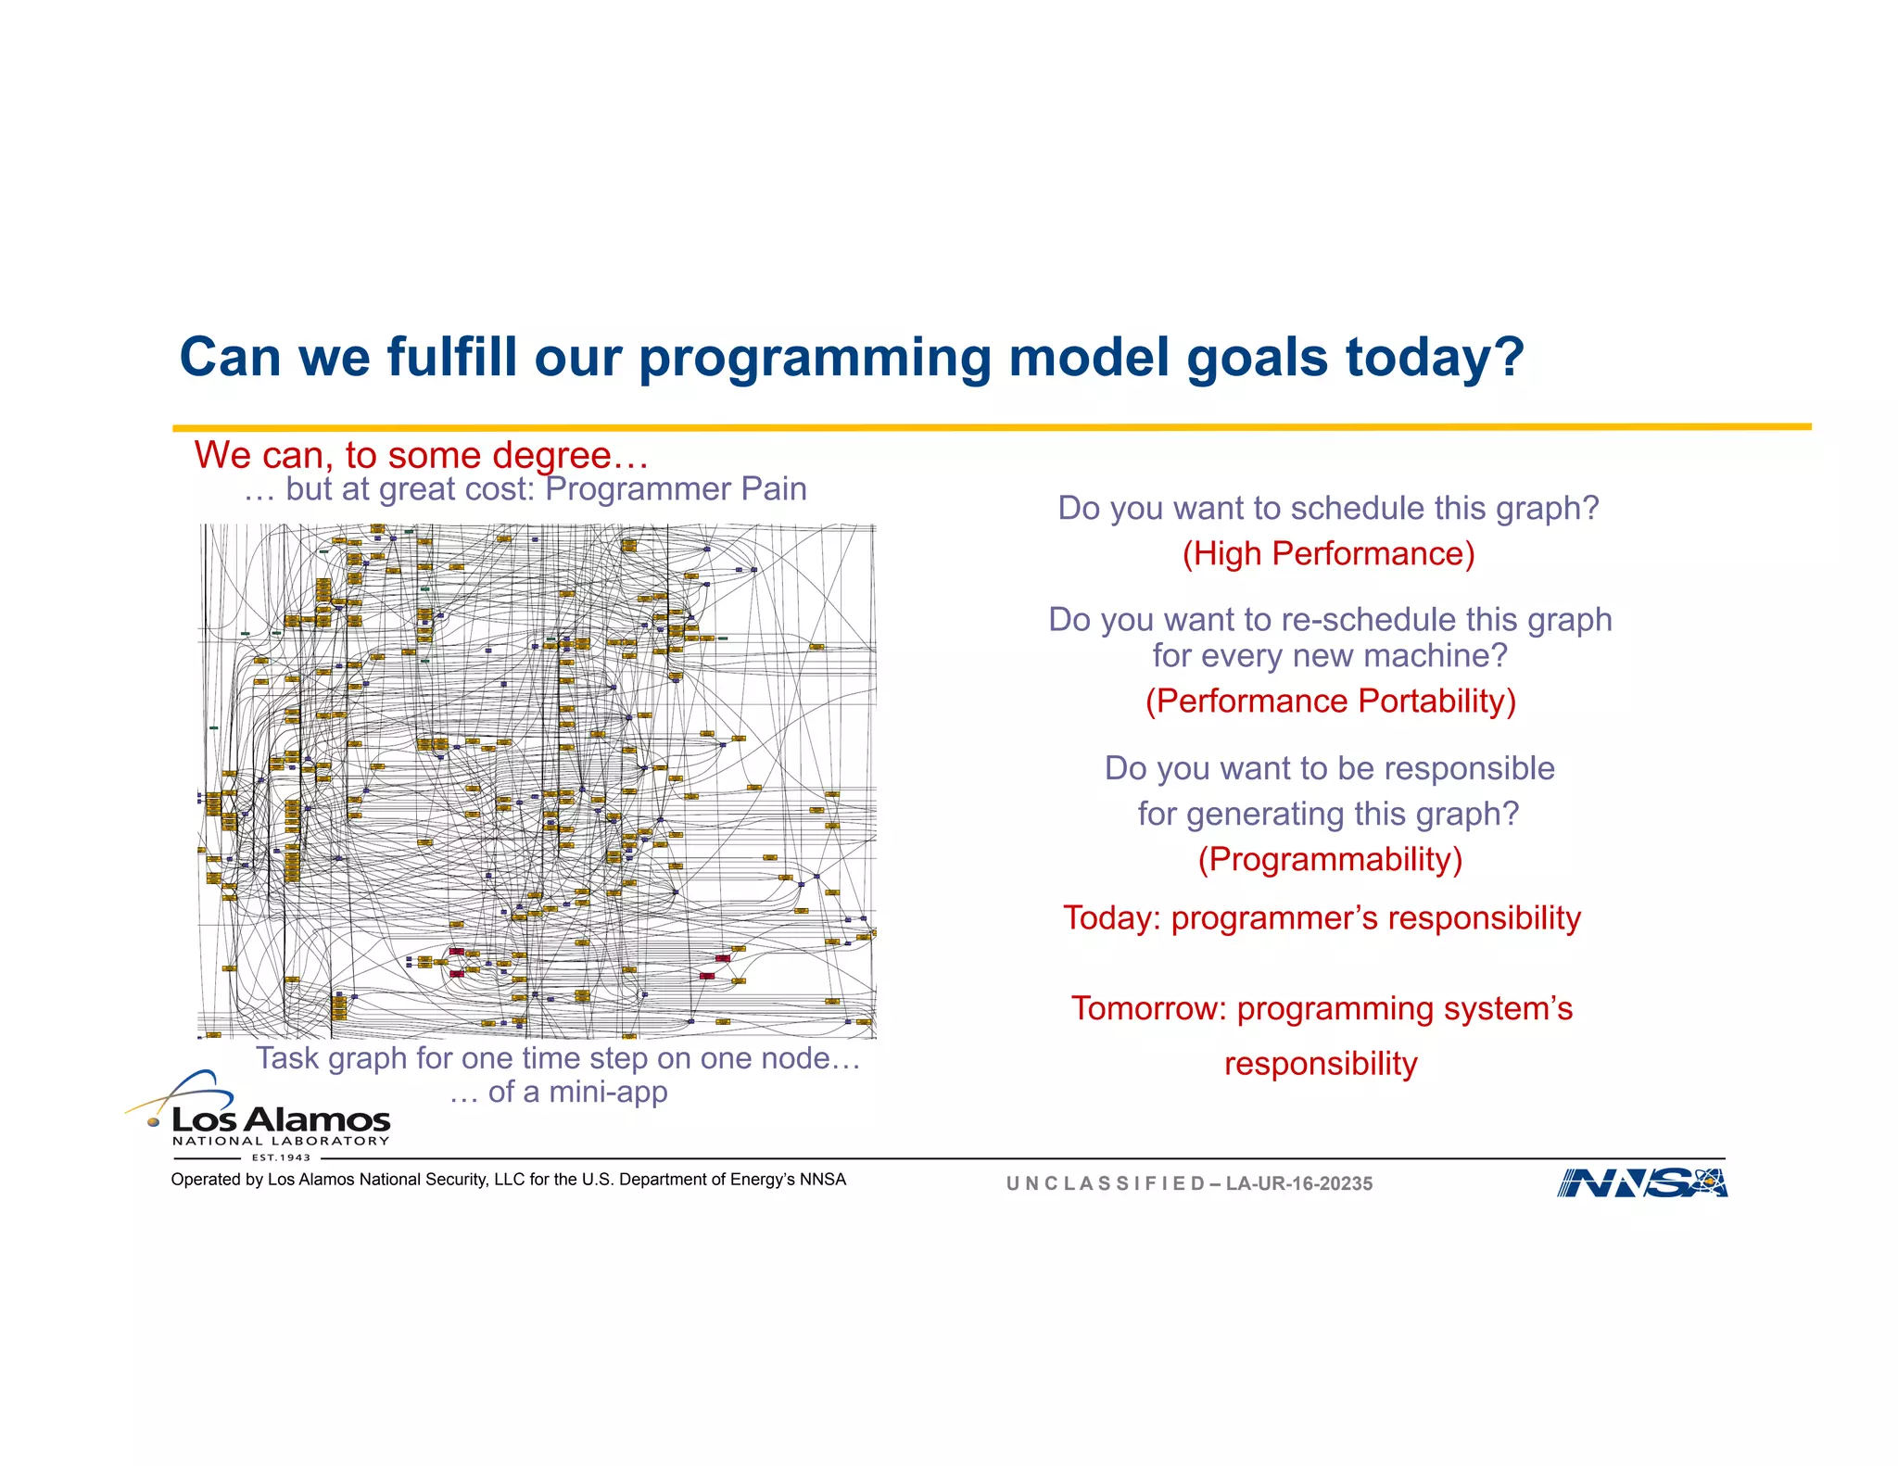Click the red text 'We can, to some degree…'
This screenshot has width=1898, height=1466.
[x=421, y=456]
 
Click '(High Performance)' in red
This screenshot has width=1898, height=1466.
[x=1328, y=554]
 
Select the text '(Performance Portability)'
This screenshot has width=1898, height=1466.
[x=1330, y=701]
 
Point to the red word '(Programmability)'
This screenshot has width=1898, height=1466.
[x=1330, y=860]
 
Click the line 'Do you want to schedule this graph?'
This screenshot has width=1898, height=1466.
[x=1328, y=509]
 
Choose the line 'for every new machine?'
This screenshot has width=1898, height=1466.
[x=1330, y=656]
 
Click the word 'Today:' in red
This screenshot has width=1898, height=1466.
[x=1112, y=918]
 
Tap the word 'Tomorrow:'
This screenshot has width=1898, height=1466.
[x=1148, y=1008]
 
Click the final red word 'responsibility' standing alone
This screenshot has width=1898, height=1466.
[x=1321, y=1064]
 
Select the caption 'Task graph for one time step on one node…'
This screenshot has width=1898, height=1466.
[x=558, y=1058]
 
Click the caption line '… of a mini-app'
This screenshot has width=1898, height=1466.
[x=558, y=1093]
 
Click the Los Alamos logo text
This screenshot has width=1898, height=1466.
[x=281, y=1120]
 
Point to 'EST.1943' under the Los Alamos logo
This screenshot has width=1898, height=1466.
[x=281, y=1157]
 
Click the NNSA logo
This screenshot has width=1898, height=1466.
[x=1641, y=1183]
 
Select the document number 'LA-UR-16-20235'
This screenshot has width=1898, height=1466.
[x=1298, y=1184]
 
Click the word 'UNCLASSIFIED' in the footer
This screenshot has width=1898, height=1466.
[x=1105, y=1184]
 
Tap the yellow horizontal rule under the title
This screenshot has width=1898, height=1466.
[x=992, y=427]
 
